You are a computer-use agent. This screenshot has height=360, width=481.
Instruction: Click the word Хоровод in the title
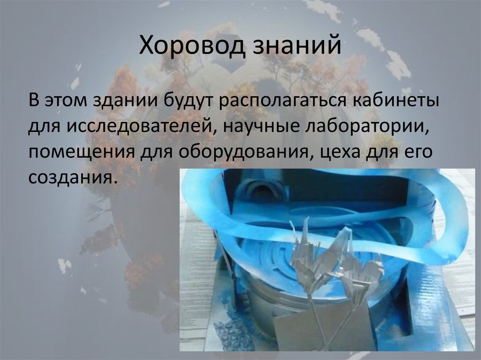[193, 47]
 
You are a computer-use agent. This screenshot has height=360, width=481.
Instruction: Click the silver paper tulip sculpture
[329, 263]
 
